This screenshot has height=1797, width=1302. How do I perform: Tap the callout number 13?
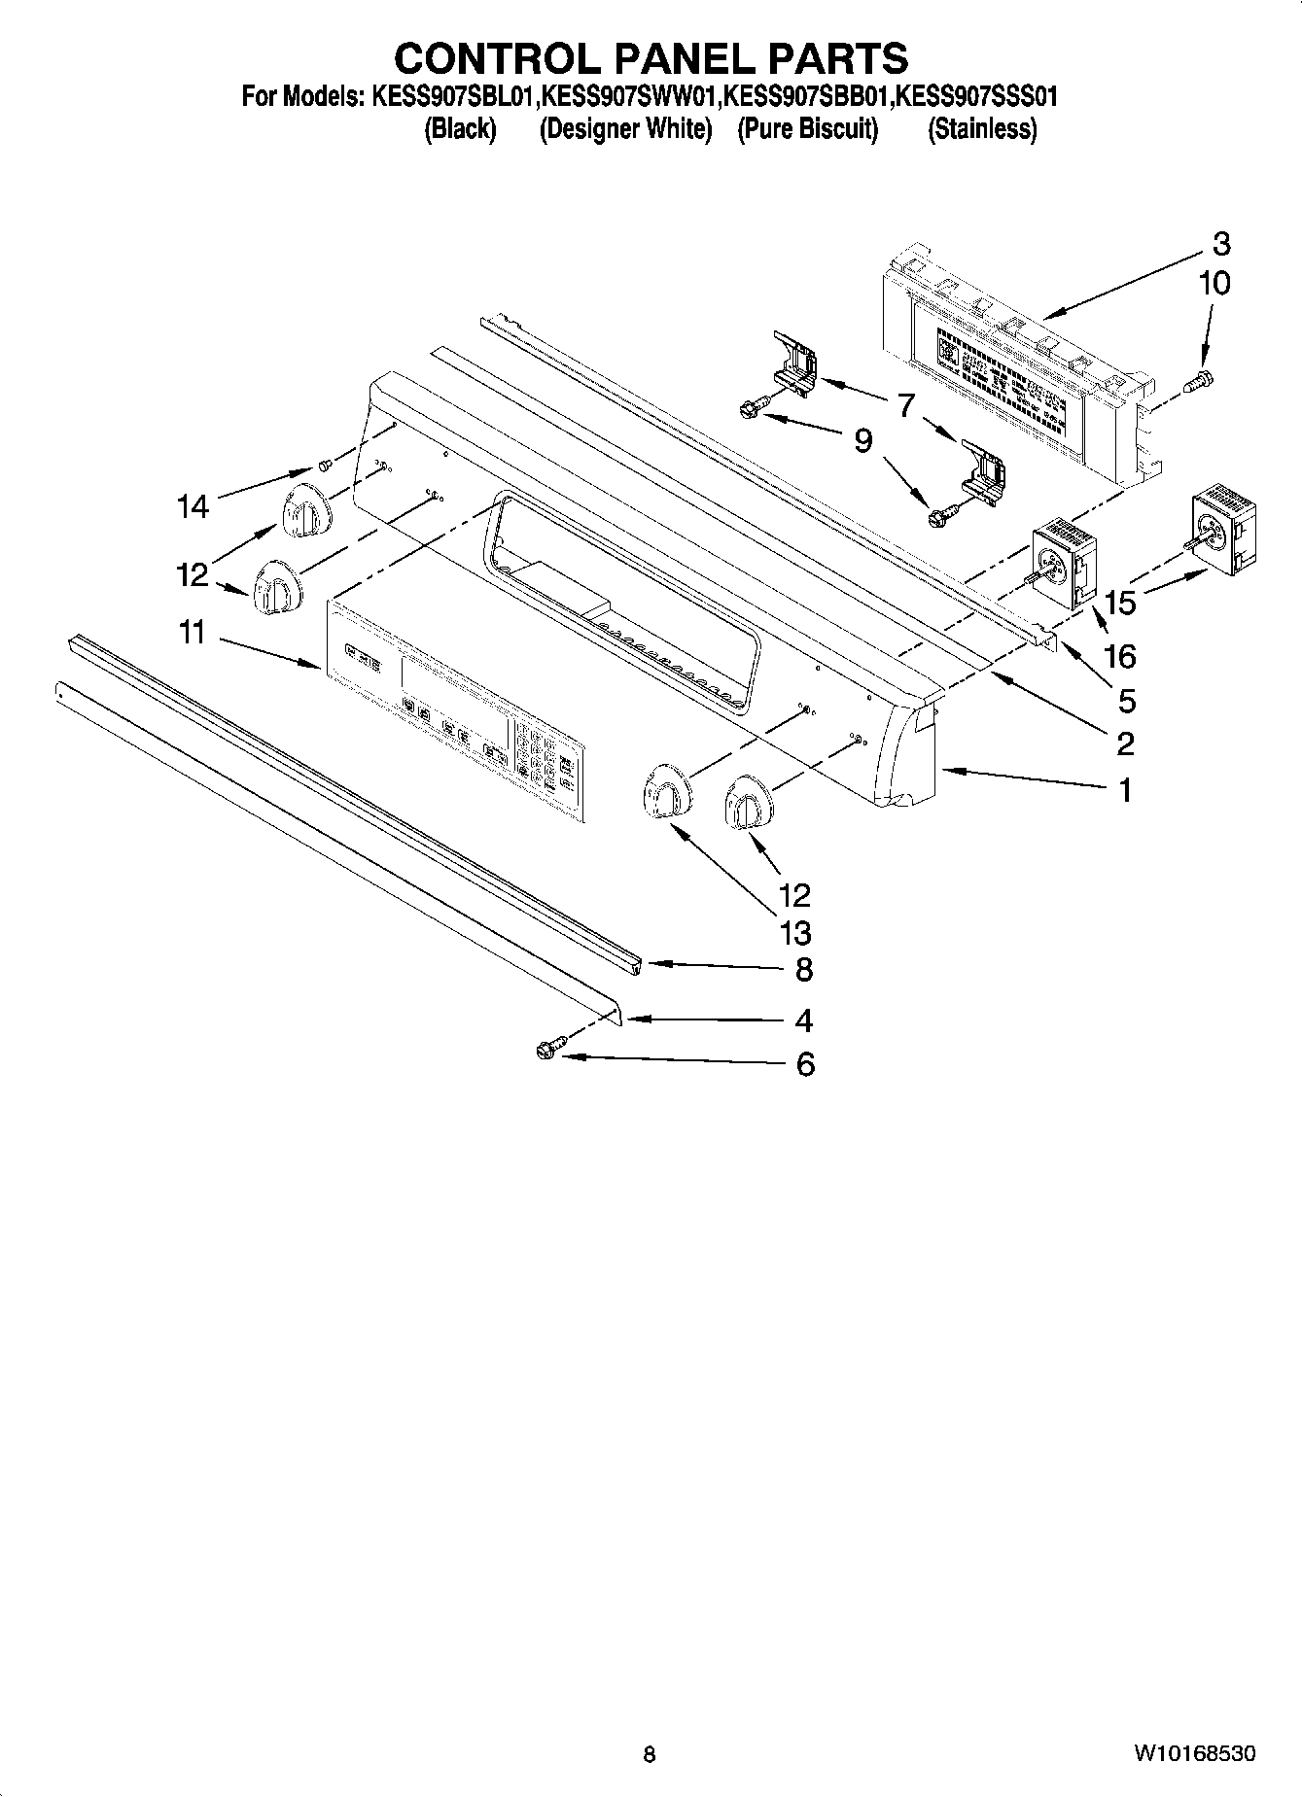[794, 933]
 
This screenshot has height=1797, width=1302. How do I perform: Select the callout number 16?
[1120, 657]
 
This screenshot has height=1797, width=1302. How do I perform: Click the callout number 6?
[804, 1064]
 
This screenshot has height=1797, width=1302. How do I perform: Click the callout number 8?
[804, 969]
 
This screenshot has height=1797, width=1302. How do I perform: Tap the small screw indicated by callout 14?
[327, 465]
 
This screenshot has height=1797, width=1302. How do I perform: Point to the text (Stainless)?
[981, 128]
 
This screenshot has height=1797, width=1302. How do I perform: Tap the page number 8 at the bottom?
[650, 1754]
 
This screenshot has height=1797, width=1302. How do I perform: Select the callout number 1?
[1125, 790]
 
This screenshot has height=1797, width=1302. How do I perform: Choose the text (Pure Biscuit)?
[807, 128]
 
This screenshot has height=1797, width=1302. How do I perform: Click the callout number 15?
[1120, 603]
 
